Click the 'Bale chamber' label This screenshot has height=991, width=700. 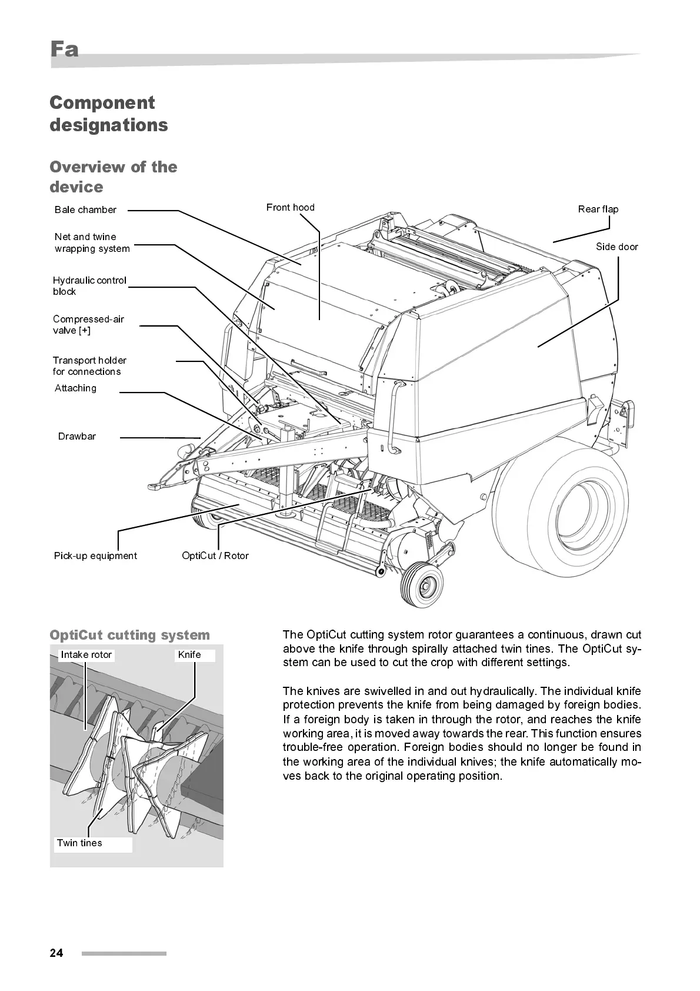pyautogui.click(x=85, y=210)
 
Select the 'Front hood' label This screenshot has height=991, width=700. pyautogui.click(x=290, y=208)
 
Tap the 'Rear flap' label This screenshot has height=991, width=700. pyautogui.click(x=598, y=209)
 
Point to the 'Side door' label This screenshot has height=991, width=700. pyautogui.click(x=616, y=247)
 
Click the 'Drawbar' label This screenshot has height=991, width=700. pyautogui.click(x=76, y=437)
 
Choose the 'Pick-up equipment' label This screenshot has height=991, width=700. pyautogui.click(x=95, y=556)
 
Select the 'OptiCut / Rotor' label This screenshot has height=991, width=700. pyautogui.click(x=215, y=556)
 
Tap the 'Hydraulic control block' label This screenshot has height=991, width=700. pyautogui.click(x=89, y=286)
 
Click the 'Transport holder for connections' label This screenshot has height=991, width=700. pyautogui.click(x=89, y=366)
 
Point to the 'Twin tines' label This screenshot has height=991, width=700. pyautogui.click(x=79, y=843)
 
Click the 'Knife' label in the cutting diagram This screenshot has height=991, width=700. pyautogui.click(x=189, y=655)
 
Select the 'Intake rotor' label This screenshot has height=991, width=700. pyautogui.click(x=86, y=655)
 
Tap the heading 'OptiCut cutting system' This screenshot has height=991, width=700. pyautogui.click(x=129, y=636)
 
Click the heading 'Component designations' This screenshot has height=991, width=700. pyautogui.click(x=108, y=114)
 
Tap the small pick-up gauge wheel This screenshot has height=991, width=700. pyautogui.click(x=422, y=584)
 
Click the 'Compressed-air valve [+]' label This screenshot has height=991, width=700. pyautogui.click(x=88, y=325)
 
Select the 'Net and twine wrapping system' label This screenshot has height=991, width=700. pyautogui.click(x=92, y=242)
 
